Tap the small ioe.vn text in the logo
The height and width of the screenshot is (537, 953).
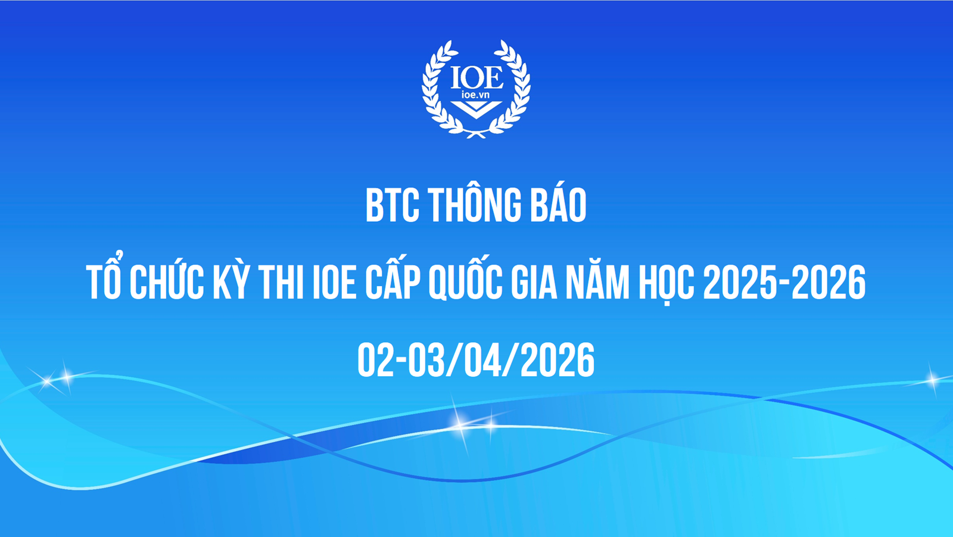click(475, 95)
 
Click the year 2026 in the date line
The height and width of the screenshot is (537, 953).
click(558, 361)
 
